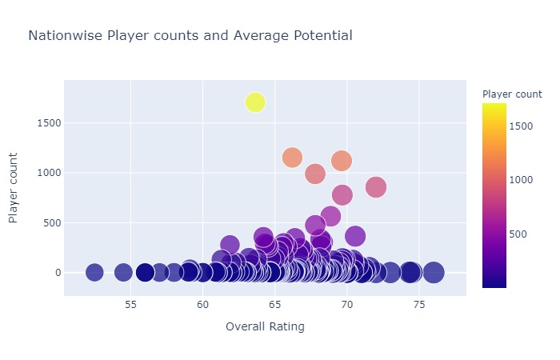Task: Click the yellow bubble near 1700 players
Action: (x=255, y=102)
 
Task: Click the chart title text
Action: (x=190, y=36)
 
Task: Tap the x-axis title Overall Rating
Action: (x=265, y=326)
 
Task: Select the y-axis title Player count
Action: (x=14, y=188)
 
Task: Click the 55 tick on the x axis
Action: (x=131, y=305)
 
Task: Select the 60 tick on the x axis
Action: (x=203, y=305)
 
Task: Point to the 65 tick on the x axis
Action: (x=275, y=305)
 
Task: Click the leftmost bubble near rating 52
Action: (x=94, y=273)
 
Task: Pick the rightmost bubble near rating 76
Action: (x=434, y=273)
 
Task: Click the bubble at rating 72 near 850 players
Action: (x=376, y=186)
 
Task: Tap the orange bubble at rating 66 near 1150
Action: (x=292, y=158)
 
